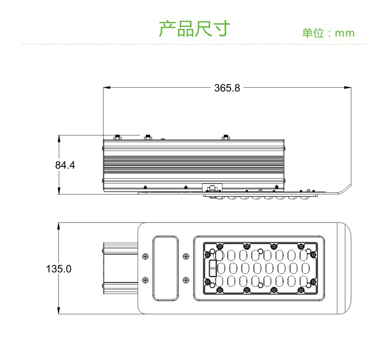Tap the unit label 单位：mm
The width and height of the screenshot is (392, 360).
click(x=328, y=33)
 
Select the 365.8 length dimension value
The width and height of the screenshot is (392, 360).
click(x=227, y=88)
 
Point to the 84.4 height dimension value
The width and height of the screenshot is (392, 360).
click(x=65, y=166)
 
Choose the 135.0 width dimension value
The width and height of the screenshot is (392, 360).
click(x=59, y=268)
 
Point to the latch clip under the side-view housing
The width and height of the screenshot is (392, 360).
click(x=213, y=188)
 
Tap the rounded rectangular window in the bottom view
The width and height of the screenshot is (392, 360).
click(x=165, y=268)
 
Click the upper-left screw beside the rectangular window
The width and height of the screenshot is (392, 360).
click(x=145, y=256)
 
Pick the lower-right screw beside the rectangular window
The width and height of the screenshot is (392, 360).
click(x=186, y=279)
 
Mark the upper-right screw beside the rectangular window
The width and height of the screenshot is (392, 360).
click(x=186, y=256)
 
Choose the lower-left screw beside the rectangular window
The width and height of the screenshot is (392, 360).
click(x=145, y=279)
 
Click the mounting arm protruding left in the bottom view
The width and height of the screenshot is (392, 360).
click(x=120, y=268)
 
